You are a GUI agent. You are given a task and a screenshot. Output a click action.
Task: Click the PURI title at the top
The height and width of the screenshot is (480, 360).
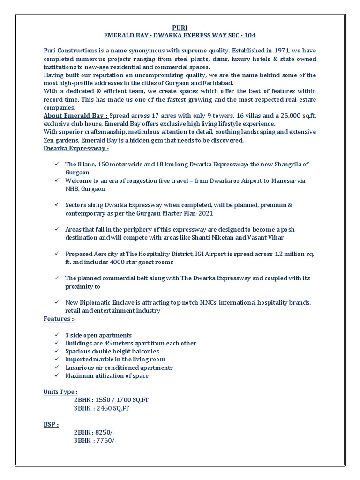pos(180,27)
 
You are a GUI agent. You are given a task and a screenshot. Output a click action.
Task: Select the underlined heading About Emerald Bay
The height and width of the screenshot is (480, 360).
pos(75,116)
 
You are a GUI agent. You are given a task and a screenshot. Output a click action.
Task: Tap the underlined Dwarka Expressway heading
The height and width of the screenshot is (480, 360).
pos(76,148)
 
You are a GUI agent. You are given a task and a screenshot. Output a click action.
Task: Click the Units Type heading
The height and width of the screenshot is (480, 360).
pos(60,391)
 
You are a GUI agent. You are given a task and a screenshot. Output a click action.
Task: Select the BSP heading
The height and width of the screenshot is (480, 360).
pos(51,424)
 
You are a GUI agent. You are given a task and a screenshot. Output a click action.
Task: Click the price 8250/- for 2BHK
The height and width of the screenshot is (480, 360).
pos(106,432)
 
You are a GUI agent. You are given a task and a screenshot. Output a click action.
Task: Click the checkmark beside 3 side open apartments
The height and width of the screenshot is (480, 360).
pos(56,335)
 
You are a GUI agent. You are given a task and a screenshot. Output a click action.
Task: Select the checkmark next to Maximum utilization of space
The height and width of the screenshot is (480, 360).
pos(56,375)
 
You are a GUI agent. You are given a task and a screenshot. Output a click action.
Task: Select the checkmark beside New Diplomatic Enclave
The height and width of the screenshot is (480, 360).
pos(56,302)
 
